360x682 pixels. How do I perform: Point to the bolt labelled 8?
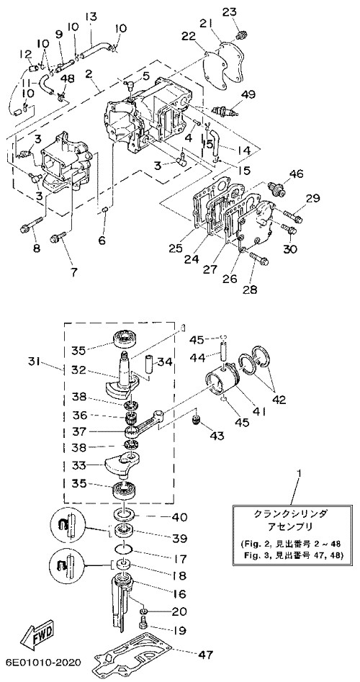coord(32,224)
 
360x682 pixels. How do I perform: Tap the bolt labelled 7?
coord(58,237)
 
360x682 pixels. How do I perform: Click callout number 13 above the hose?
coord(91,17)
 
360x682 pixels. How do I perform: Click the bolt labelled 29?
coord(294,215)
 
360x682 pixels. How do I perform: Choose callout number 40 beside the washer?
coord(179,517)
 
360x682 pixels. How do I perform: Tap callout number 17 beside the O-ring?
coord(179,558)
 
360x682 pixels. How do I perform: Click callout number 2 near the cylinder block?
coord(89,74)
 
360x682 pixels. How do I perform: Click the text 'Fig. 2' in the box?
coord(253,544)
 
